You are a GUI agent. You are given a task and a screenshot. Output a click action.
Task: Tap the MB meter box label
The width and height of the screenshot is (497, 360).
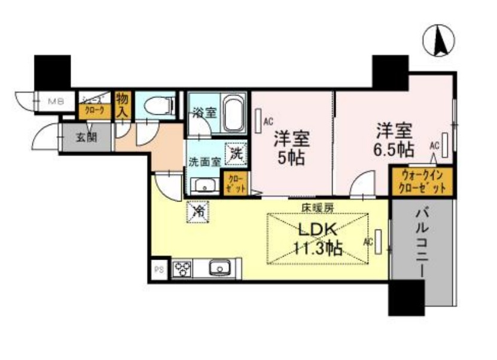click(55, 100)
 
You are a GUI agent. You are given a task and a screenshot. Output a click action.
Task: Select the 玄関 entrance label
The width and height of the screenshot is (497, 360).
click(85, 138)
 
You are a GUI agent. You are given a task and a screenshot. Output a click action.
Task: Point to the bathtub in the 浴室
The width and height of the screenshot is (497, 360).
click(233, 115)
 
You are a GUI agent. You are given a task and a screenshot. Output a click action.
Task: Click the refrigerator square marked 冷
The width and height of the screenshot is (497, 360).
click(198, 211)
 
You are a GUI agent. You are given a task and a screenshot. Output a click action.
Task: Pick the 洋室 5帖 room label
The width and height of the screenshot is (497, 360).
click(291, 148)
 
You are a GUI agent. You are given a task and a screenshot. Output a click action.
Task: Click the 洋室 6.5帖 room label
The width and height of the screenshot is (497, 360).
click(394, 138)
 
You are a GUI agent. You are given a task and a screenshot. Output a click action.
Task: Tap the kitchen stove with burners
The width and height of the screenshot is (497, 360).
click(182, 268)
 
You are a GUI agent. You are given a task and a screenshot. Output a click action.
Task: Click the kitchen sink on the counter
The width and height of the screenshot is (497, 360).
click(218, 268)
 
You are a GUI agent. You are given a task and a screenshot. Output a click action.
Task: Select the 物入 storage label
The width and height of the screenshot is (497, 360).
click(122, 105)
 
